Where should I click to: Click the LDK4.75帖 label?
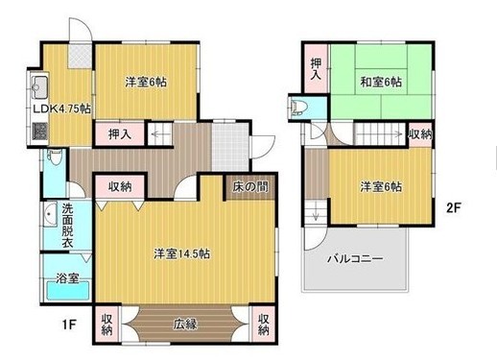(x=62, y=108)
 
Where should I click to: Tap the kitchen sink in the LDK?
(x=39, y=87)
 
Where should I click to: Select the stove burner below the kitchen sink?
(x=40, y=132)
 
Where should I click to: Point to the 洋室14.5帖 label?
(x=181, y=253)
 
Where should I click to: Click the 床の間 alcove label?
(x=250, y=186)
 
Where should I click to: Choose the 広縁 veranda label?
(x=185, y=324)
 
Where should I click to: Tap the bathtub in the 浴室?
(x=67, y=290)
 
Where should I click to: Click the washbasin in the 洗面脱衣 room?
(x=50, y=214)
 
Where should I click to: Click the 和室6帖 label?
(x=381, y=83)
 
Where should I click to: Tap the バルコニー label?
(x=355, y=258)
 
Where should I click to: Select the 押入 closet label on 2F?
(x=316, y=69)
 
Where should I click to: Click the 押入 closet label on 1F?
(x=120, y=133)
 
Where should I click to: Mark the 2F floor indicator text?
(x=453, y=208)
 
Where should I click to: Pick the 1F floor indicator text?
(x=69, y=324)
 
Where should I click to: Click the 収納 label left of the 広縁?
(x=106, y=324)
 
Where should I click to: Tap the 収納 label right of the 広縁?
(x=263, y=324)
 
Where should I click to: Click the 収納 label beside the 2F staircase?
(x=420, y=134)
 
